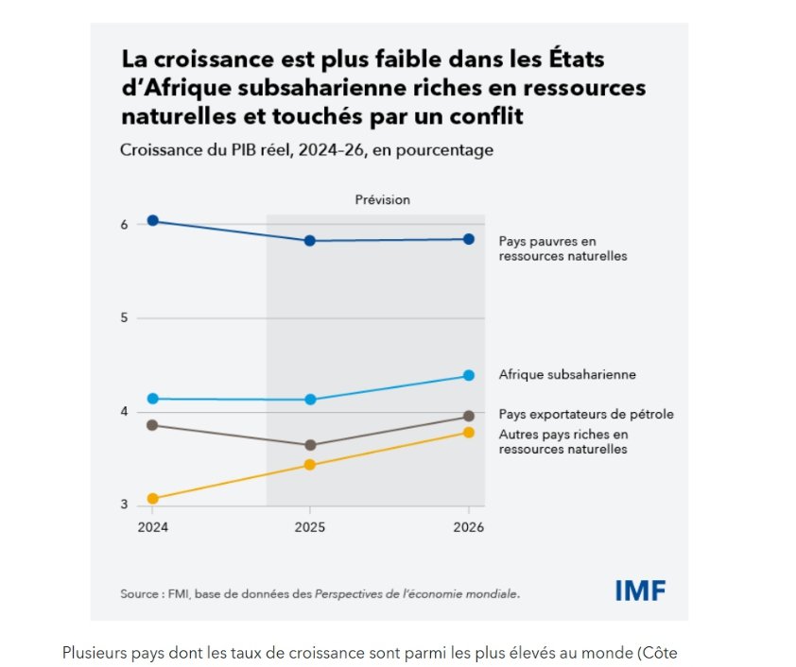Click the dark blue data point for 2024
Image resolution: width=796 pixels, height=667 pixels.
pyautogui.click(x=152, y=221)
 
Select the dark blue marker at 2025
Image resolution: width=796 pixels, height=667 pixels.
pyautogui.click(x=309, y=241)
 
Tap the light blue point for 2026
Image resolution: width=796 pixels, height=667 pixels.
pyautogui.click(x=469, y=376)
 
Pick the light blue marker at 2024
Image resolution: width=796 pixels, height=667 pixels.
pyautogui.click(x=152, y=399)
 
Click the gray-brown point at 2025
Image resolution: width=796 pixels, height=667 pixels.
pyautogui.click(x=309, y=445)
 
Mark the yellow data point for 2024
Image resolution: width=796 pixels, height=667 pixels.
pyautogui.click(x=152, y=499)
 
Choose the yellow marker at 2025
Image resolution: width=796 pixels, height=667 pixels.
pyautogui.click(x=309, y=465)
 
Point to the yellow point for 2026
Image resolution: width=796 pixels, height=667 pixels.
pyautogui.click(x=469, y=433)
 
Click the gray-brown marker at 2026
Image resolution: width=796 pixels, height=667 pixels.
pyautogui.click(x=469, y=417)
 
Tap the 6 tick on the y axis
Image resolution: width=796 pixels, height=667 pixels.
pyautogui.click(x=124, y=224)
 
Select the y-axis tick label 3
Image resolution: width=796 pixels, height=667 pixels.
pyautogui.click(x=124, y=505)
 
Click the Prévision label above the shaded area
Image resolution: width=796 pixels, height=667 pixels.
pyautogui.click(x=382, y=200)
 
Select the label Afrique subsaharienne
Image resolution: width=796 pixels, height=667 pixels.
pyautogui.click(x=567, y=375)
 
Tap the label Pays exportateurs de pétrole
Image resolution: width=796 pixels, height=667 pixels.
pyautogui.click(x=586, y=414)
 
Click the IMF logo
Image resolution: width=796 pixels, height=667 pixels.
pyautogui.click(x=640, y=591)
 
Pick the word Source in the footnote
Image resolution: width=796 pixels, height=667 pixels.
pyautogui.click(x=139, y=594)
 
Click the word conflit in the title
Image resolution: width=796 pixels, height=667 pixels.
pyautogui.click(x=487, y=118)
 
